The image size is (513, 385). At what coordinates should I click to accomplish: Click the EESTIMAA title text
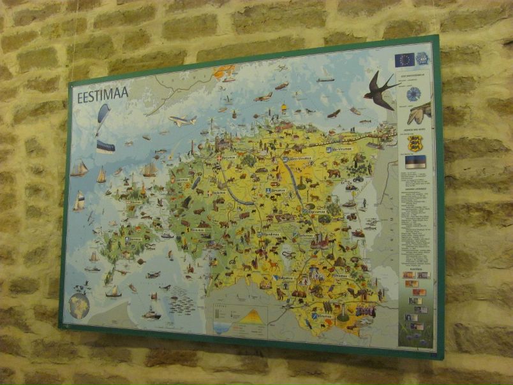click(103, 95)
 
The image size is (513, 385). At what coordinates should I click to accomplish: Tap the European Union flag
click(404, 60)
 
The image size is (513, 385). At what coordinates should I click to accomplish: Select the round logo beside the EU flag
click(422, 59)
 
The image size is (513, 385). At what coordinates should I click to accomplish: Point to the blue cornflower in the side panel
click(413, 94)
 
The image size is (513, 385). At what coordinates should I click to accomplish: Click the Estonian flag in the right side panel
click(415, 161)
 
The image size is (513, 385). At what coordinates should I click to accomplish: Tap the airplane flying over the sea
click(182, 120)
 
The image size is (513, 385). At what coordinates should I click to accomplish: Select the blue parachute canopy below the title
click(103, 116)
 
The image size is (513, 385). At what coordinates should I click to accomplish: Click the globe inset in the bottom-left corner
click(79, 305)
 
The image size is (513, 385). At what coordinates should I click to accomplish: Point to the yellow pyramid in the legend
click(254, 316)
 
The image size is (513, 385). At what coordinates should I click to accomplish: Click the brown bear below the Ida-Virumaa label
click(333, 172)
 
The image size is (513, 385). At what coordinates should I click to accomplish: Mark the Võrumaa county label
click(324, 316)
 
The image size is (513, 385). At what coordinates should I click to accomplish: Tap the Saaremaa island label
click(135, 240)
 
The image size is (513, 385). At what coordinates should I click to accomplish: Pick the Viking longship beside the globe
click(113, 291)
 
